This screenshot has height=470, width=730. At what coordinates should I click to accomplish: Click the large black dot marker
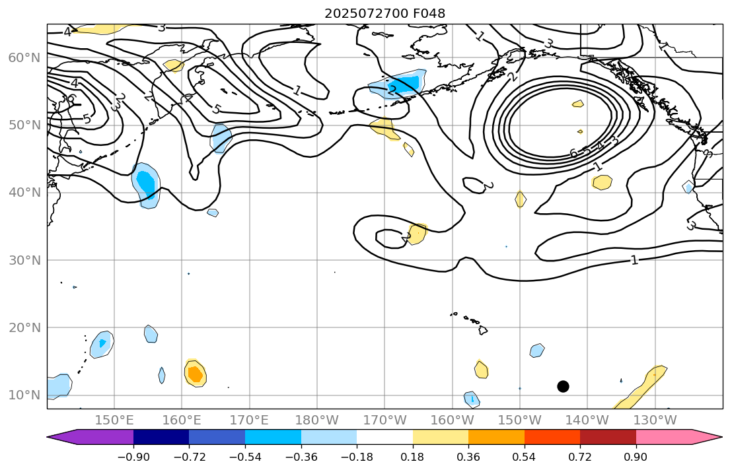(563, 386)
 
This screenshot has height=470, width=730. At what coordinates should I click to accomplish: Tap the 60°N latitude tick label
(24, 58)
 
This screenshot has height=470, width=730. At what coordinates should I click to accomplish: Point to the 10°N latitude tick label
(24, 395)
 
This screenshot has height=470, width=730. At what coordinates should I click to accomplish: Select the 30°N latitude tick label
(24, 260)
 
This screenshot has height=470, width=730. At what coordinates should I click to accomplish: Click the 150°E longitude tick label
(114, 420)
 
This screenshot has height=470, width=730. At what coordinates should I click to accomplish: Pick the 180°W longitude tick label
(317, 420)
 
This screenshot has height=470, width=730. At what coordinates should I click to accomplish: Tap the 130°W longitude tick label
(655, 420)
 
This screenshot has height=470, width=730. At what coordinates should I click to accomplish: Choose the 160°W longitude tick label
(452, 420)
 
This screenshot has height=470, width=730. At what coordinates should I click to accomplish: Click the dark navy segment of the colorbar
(161, 437)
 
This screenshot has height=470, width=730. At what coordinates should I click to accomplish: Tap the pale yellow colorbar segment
(440, 437)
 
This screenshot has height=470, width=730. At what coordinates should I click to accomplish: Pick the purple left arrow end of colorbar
(59, 437)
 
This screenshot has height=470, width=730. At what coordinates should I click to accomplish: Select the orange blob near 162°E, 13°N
(195, 374)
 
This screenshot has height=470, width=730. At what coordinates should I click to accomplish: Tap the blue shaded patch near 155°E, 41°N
(146, 185)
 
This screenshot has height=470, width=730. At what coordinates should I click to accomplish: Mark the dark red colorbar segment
(608, 437)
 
